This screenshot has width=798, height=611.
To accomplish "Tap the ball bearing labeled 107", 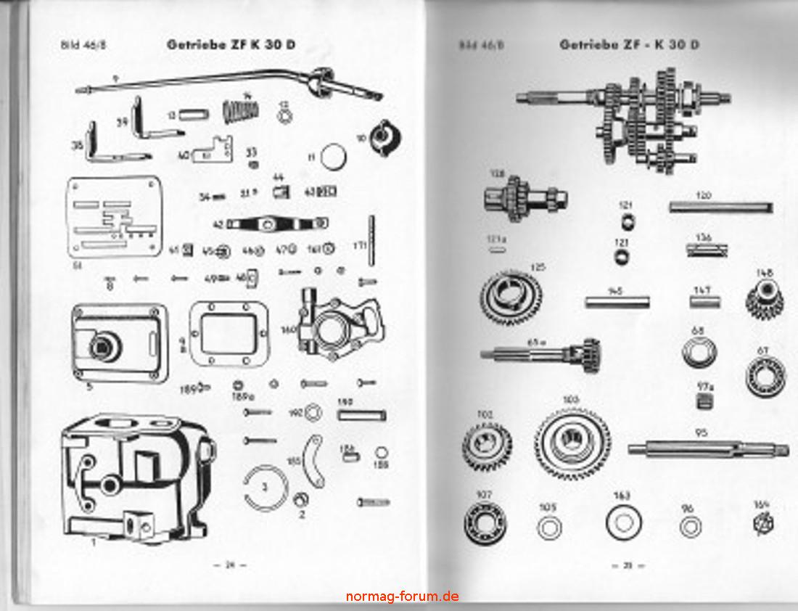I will pyautogui.click(x=485, y=523).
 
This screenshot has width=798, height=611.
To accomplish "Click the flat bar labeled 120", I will pyautogui.click(x=720, y=208).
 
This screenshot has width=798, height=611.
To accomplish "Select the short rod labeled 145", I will pyautogui.click(x=617, y=302).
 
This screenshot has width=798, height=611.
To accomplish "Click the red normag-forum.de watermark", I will pyautogui.click(x=402, y=596).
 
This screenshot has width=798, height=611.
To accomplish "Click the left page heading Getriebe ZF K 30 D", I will pyautogui.click(x=231, y=44).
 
